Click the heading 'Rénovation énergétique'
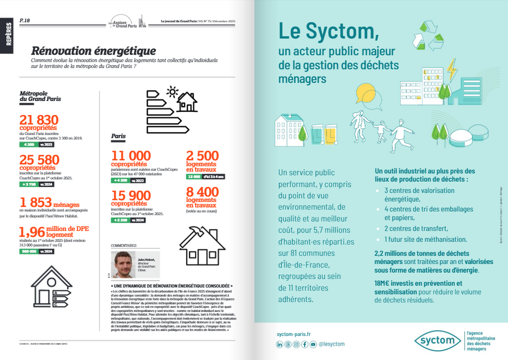(x=93, y=51)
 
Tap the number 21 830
(x=39, y=120)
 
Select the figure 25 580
(x=39, y=159)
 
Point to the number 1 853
(x=35, y=202)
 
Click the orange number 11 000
(x=130, y=156)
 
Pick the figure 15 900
(x=130, y=195)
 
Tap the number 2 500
(x=202, y=156)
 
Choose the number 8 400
(x=202, y=192)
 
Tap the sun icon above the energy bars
(x=172, y=92)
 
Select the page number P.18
(x=24, y=20)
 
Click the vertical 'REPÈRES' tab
(x=8, y=34)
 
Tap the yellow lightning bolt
(x=451, y=69)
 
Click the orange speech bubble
(x=365, y=91)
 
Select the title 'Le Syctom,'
(x=328, y=31)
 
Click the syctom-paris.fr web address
(x=293, y=334)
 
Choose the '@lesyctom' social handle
(x=331, y=344)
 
